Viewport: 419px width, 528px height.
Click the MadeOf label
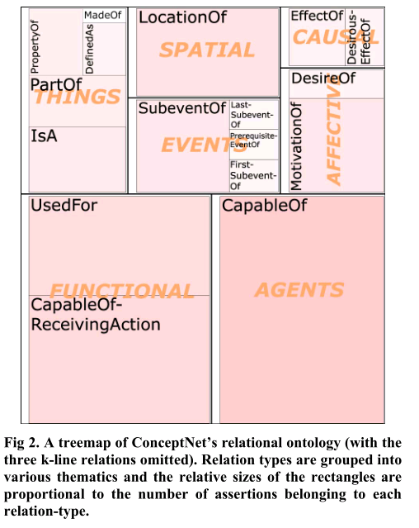coord(103,15)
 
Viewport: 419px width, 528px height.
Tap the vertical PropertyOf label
coord(35,47)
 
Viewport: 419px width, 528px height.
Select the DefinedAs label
coord(89,49)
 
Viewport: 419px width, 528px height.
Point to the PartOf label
coord(56,84)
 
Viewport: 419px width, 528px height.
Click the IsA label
coord(44,136)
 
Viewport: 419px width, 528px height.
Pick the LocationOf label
coord(183,17)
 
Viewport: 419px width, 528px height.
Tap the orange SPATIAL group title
coord(207,50)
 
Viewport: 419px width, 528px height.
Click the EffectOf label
coord(318,16)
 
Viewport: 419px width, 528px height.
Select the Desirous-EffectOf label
coord(359,38)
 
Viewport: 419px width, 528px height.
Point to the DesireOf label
coord(323,78)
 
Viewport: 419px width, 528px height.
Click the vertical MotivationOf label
coord(296,146)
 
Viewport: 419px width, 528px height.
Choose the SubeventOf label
coord(182,108)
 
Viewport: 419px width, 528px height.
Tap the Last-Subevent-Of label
coord(252,115)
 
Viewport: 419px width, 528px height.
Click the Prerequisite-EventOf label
coord(254,140)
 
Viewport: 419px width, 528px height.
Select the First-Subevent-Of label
coord(253,175)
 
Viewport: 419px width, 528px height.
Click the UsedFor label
coord(64,206)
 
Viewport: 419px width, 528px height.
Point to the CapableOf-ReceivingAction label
coord(96,315)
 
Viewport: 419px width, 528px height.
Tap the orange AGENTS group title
coord(299,290)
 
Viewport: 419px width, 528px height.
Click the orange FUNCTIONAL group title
coord(122,291)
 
